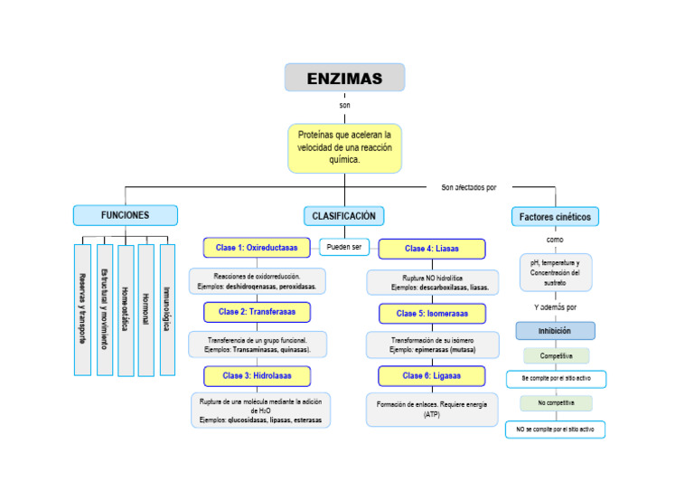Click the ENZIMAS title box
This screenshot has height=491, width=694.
[x=344, y=78]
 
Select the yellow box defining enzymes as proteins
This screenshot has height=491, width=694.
[x=344, y=147]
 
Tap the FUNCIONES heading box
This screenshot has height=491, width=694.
[x=126, y=215]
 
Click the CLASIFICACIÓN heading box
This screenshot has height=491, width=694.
[x=343, y=216]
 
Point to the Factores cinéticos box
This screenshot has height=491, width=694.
[x=555, y=217]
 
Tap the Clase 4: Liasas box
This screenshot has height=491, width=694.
[x=432, y=249]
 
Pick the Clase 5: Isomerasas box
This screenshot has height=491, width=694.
[x=432, y=314]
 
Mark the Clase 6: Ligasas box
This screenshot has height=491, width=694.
[x=432, y=376]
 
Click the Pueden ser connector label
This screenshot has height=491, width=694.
[x=344, y=247]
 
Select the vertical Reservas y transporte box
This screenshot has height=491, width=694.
[x=82, y=309]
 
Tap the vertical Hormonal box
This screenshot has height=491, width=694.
[x=146, y=309]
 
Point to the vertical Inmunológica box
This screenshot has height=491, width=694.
[x=167, y=309]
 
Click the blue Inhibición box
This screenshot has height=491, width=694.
[x=555, y=331]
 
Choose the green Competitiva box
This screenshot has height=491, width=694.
[x=556, y=356]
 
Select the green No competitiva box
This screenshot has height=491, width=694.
[x=556, y=403]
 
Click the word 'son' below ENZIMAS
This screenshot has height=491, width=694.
[x=344, y=106]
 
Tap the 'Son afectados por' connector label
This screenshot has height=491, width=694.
[x=469, y=188]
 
